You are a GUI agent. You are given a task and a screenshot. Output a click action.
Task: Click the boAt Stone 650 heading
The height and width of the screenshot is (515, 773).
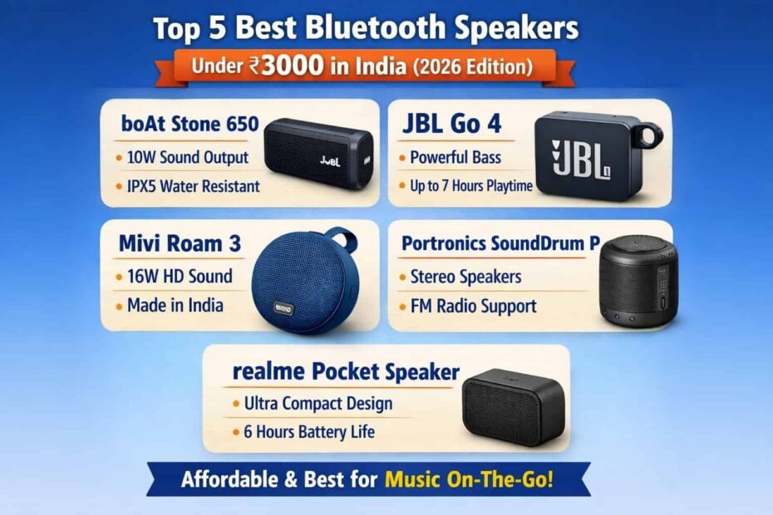183,125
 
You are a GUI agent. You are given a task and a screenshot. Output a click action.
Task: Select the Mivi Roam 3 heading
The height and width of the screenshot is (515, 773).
180,243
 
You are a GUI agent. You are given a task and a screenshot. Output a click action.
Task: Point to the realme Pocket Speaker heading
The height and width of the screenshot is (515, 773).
344,371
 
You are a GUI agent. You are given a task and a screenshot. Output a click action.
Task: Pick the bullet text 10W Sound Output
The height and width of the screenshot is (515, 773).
187,158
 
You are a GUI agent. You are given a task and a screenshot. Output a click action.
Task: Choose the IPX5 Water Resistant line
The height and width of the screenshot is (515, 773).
193,186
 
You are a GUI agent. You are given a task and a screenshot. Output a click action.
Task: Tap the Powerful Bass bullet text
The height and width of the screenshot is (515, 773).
455,157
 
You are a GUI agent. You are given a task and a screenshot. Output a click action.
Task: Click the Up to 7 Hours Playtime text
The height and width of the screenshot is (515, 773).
471,186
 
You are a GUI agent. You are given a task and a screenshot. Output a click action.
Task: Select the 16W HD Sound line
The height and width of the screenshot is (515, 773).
180,276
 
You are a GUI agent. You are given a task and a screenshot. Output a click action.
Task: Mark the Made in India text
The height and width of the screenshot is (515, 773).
175,305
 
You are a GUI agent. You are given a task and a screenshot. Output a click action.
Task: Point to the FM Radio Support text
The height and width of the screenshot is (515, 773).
474,306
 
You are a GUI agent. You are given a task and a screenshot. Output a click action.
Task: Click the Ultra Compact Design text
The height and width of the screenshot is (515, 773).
318,404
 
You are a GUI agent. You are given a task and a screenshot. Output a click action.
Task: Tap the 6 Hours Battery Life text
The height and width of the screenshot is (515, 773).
309,432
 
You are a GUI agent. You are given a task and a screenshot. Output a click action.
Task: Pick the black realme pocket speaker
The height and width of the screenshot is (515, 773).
513,407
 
